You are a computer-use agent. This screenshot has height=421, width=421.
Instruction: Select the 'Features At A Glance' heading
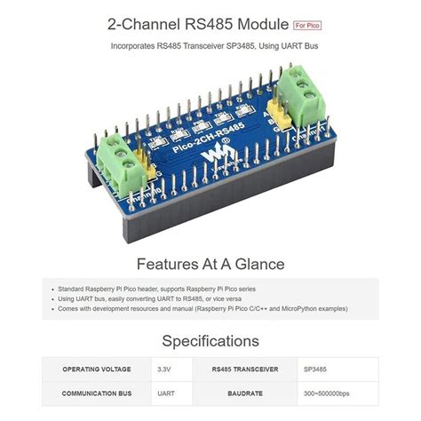coord(210,264)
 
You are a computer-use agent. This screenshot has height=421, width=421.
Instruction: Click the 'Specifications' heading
coord(210,340)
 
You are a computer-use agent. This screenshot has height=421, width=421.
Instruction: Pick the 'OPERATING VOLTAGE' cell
coord(98,369)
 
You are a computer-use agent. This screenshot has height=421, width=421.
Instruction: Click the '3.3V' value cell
coord(166,369)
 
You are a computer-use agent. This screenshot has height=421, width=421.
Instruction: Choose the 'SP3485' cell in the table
coord(315,369)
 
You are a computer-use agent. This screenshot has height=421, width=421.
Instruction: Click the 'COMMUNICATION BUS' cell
coord(98,393)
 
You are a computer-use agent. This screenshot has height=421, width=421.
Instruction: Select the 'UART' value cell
coord(166,393)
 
